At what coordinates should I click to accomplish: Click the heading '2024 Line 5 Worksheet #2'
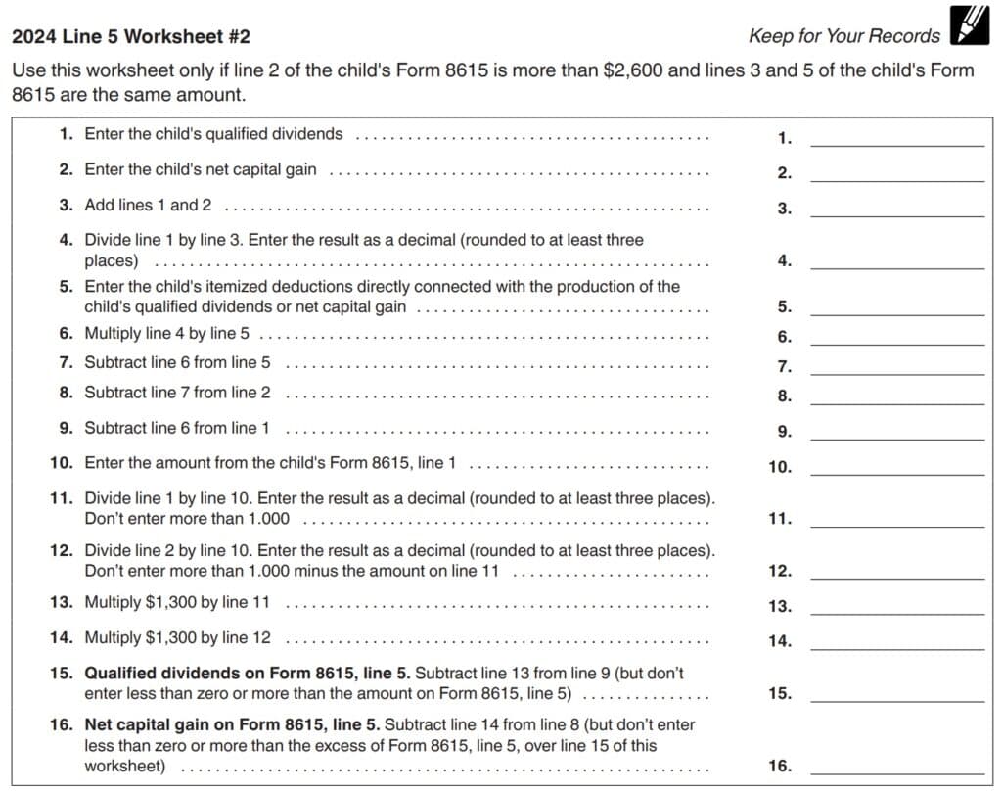click(131, 37)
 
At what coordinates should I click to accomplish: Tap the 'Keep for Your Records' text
click(843, 37)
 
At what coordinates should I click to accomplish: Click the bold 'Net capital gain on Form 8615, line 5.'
click(233, 724)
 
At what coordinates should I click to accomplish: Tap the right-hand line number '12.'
click(780, 572)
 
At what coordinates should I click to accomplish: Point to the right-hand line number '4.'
click(784, 261)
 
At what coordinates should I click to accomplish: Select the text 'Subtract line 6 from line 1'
click(177, 428)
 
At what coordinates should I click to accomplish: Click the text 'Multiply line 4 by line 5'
click(166, 334)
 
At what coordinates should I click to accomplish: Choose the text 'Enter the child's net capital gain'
click(201, 169)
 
